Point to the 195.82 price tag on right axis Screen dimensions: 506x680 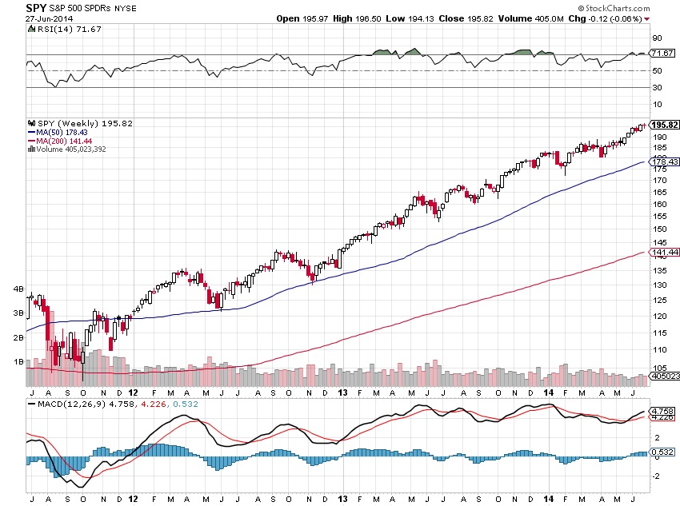(x=666, y=125)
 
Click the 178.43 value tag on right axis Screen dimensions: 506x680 (x=666, y=161)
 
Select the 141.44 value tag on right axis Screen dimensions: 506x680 (x=666, y=253)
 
